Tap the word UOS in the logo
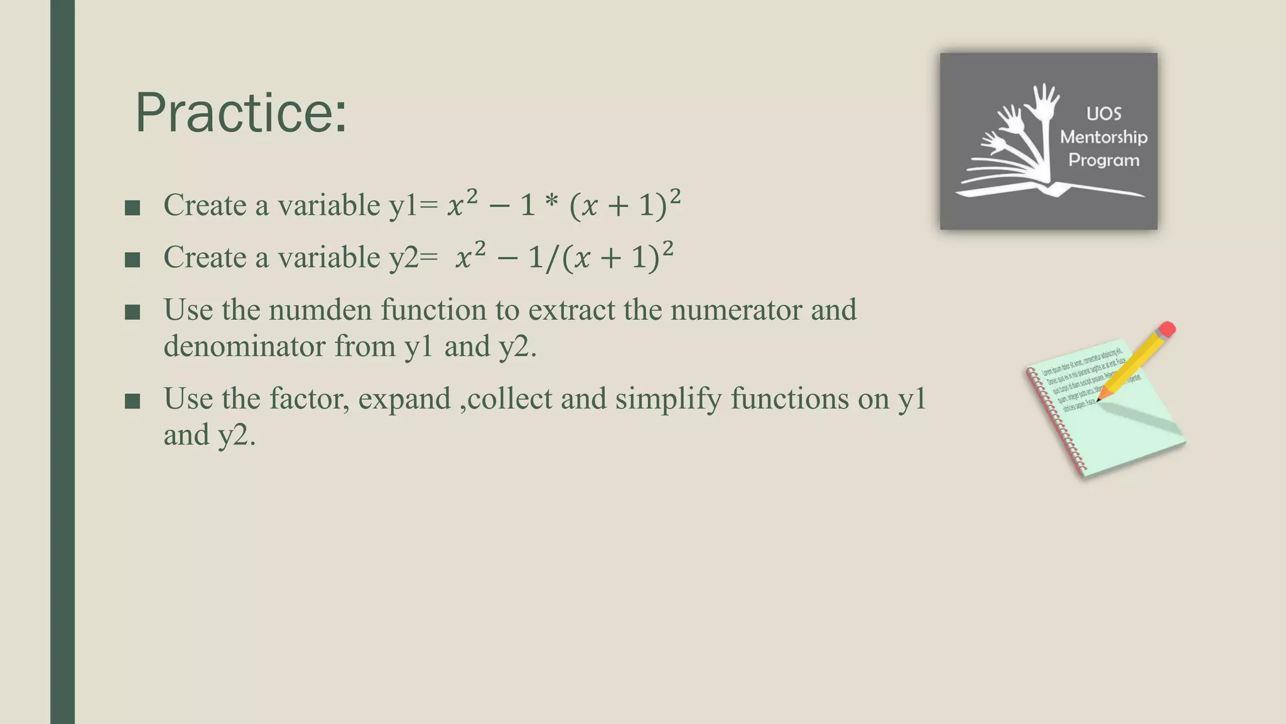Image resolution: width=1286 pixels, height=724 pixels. [1103, 114]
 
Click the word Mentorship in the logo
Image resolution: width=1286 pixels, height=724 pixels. [1103, 137]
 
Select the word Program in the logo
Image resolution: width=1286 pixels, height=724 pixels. [1103, 160]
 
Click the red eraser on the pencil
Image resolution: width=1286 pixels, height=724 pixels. [1167, 329]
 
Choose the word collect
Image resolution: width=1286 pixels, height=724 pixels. [509, 399]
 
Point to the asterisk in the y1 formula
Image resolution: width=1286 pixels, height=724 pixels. [552, 205]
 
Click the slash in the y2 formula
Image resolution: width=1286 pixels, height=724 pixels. [551, 258]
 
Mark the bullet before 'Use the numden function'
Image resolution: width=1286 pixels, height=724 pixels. [132, 312]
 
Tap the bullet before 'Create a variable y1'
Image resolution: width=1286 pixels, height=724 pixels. [132, 208]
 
